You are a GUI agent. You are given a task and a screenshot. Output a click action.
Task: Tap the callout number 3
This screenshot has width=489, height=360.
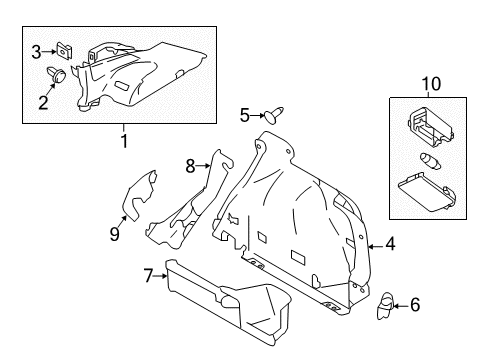coord(36,51)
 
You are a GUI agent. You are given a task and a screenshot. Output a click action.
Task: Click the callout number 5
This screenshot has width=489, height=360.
coord(243,114)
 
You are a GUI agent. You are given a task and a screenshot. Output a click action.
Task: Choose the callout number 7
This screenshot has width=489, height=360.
coord(148,274)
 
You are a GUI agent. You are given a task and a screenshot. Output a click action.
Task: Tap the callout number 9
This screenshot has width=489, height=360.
coord(114,234)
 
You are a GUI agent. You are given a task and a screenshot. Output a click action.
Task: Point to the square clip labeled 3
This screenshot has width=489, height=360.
coord(66,50)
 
